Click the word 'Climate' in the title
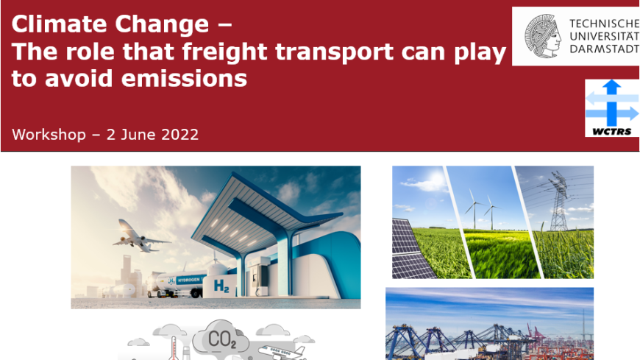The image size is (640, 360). (x=60, y=24)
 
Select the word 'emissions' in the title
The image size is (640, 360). (x=184, y=78)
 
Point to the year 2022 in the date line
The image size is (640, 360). (x=180, y=135)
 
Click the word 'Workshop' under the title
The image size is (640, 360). (x=49, y=135)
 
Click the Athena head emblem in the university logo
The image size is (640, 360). (x=541, y=36)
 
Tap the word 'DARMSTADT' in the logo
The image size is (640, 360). (x=605, y=49)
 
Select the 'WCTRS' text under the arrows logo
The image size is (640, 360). (x=611, y=132)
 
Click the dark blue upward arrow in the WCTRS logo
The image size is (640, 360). (x=611, y=102)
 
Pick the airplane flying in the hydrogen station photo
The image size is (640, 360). (x=140, y=237)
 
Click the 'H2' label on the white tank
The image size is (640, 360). (x=221, y=286)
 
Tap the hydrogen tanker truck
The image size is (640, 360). (x=177, y=283)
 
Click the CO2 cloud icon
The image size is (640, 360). (x=221, y=338)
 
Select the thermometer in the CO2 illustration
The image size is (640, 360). (x=174, y=347)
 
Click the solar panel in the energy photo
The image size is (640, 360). (x=411, y=250)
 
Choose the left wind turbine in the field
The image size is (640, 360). (x=474, y=208)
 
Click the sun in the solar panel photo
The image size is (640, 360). (x=436, y=179)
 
